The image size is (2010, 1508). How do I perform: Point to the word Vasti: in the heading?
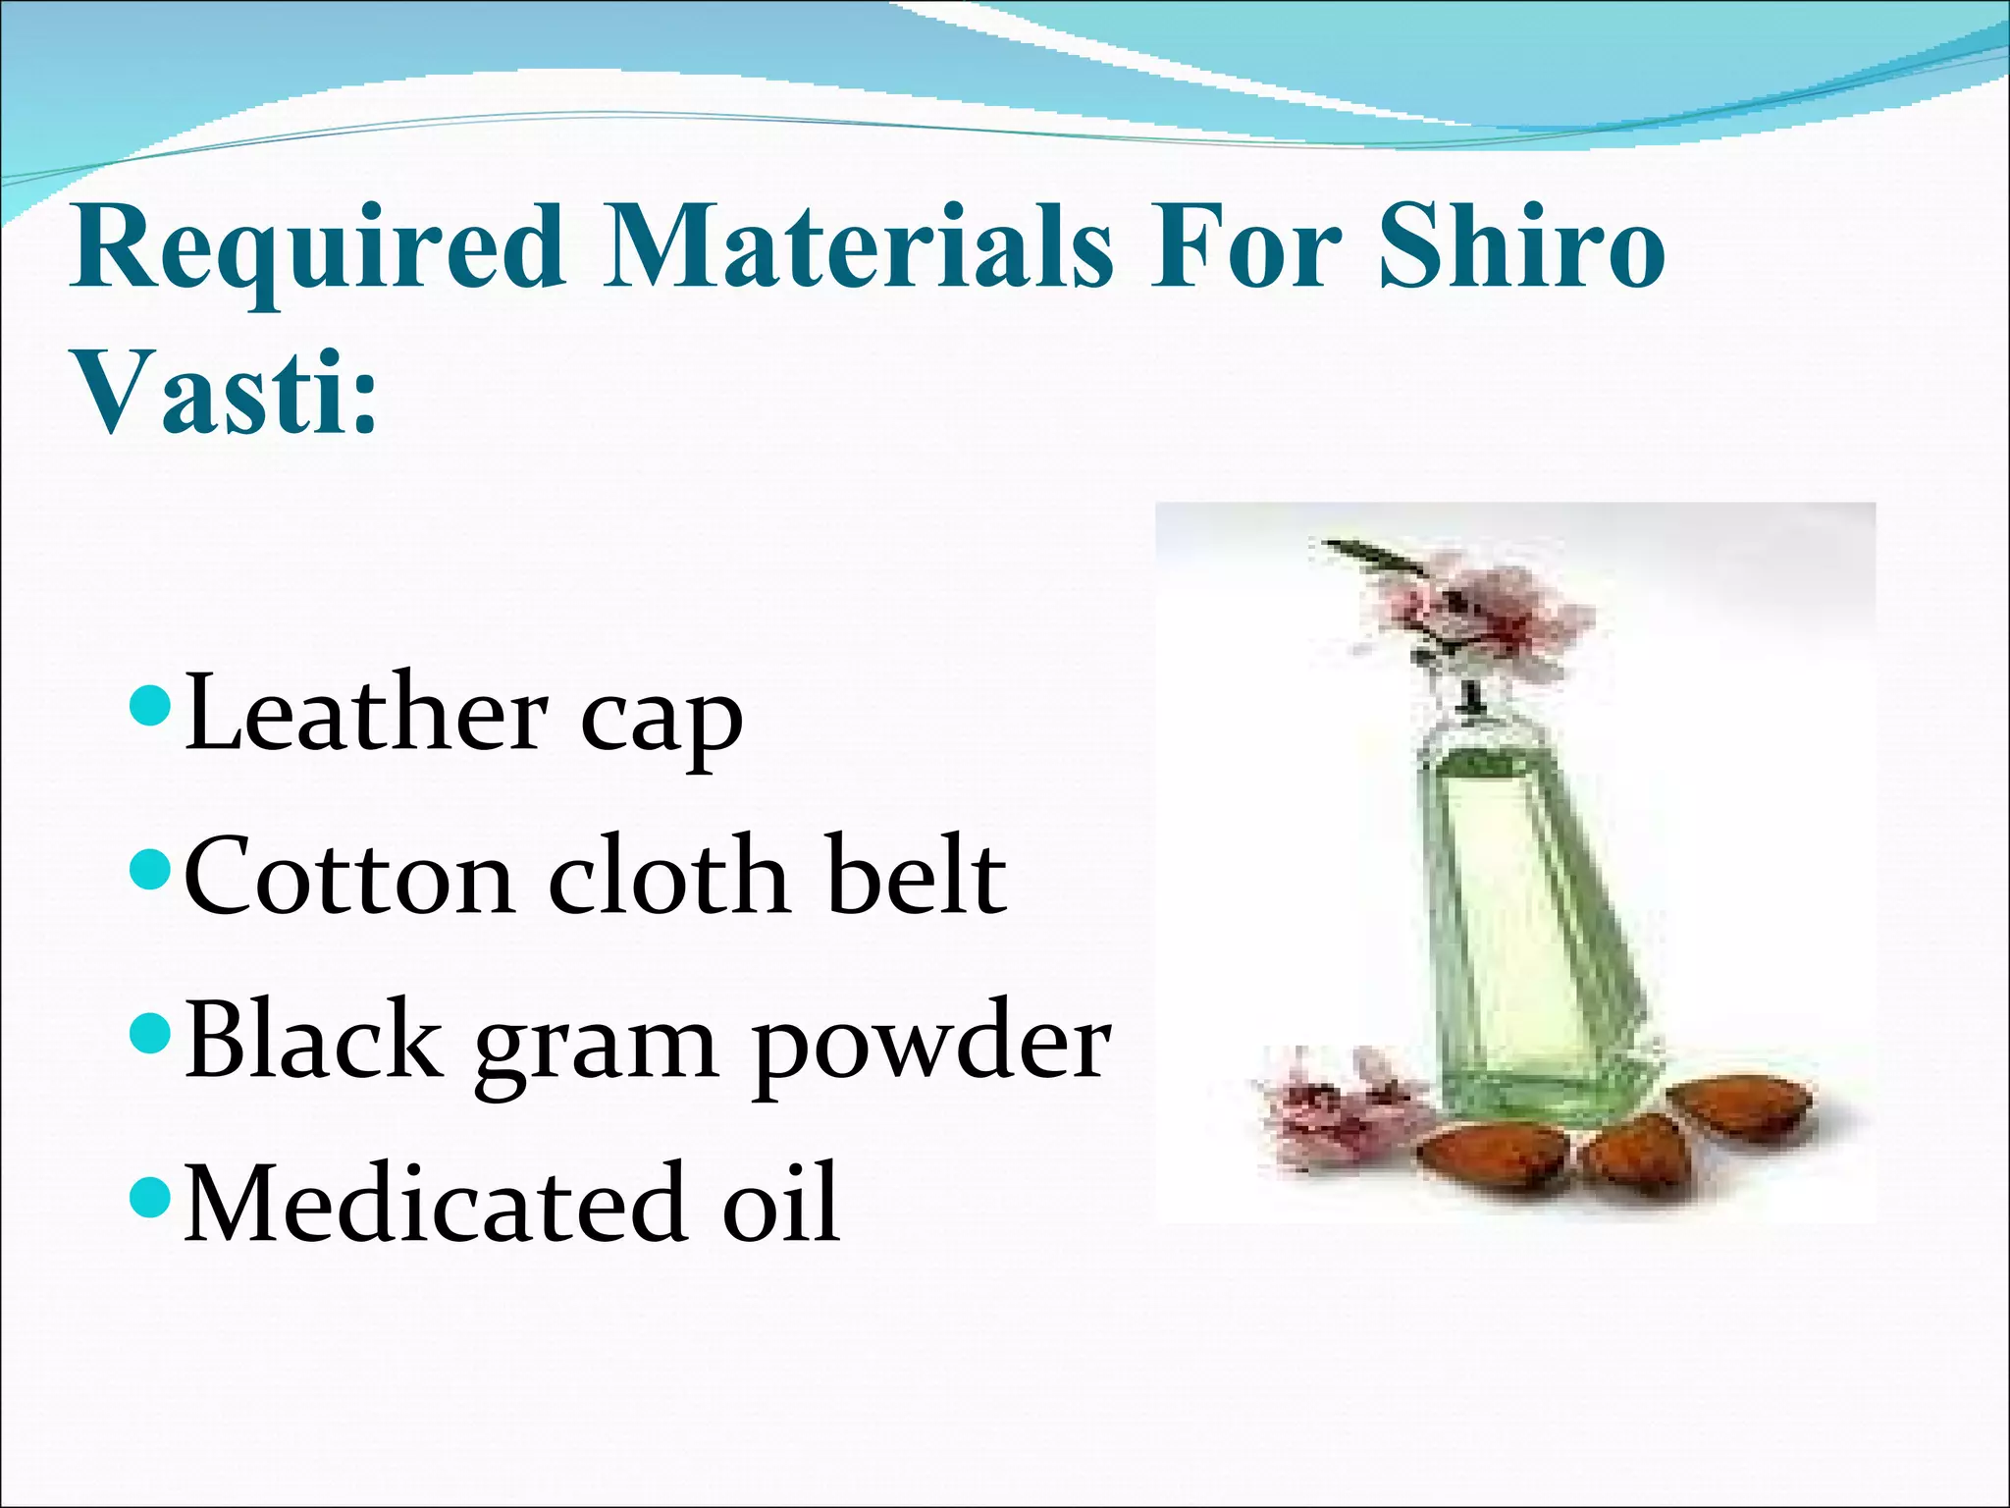point(226,393)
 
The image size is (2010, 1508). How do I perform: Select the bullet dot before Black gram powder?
point(150,1033)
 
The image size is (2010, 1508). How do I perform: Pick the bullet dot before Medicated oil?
point(150,1196)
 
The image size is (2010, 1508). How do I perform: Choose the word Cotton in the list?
point(349,877)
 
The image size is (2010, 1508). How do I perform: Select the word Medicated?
point(438,1204)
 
